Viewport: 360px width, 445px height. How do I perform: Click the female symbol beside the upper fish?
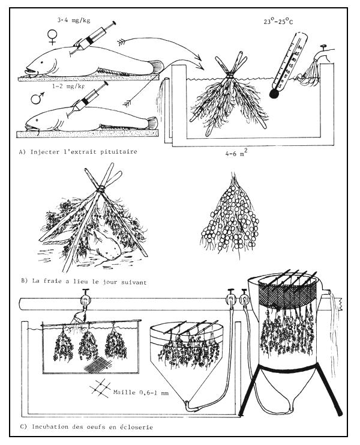(x=52, y=38)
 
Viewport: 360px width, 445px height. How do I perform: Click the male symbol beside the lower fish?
(x=37, y=97)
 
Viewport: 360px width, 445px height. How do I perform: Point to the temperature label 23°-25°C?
(x=278, y=21)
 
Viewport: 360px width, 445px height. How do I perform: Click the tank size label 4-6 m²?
(x=235, y=154)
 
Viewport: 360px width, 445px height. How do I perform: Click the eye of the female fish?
(x=42, y=62)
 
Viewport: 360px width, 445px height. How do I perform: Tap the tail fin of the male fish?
(x=152, y=123)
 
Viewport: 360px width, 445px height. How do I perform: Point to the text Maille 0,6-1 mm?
(x=141, y=393)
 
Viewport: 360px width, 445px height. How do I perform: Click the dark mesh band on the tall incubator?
(x=287, y=295)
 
